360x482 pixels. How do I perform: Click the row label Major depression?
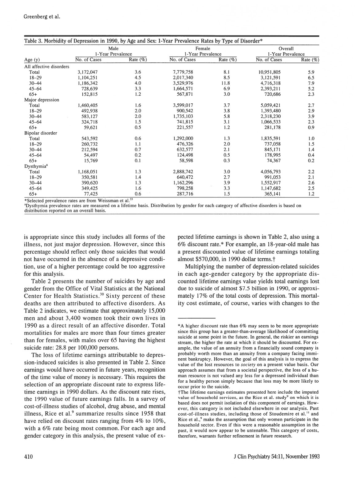click(x=42, y=100)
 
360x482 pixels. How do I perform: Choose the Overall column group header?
click(x=286, y=49)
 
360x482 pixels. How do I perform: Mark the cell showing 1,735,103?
click(x=183, y=116)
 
